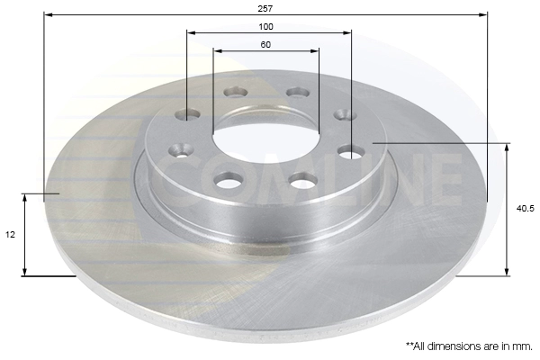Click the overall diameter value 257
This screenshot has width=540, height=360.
pos(265,7)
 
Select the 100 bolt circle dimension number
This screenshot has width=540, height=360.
pos(266,26)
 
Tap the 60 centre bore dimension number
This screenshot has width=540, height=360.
pos(265,44)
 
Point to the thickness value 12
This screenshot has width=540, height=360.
pos(10,234)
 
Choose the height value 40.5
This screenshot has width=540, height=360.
pos(526,209)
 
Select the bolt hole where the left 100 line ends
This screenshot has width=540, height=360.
pos(188,114)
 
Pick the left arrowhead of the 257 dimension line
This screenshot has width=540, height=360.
pos(48,15)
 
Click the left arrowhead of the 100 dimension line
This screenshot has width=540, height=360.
pos(191,34)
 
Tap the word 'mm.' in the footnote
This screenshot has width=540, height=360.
pos(522,345)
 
